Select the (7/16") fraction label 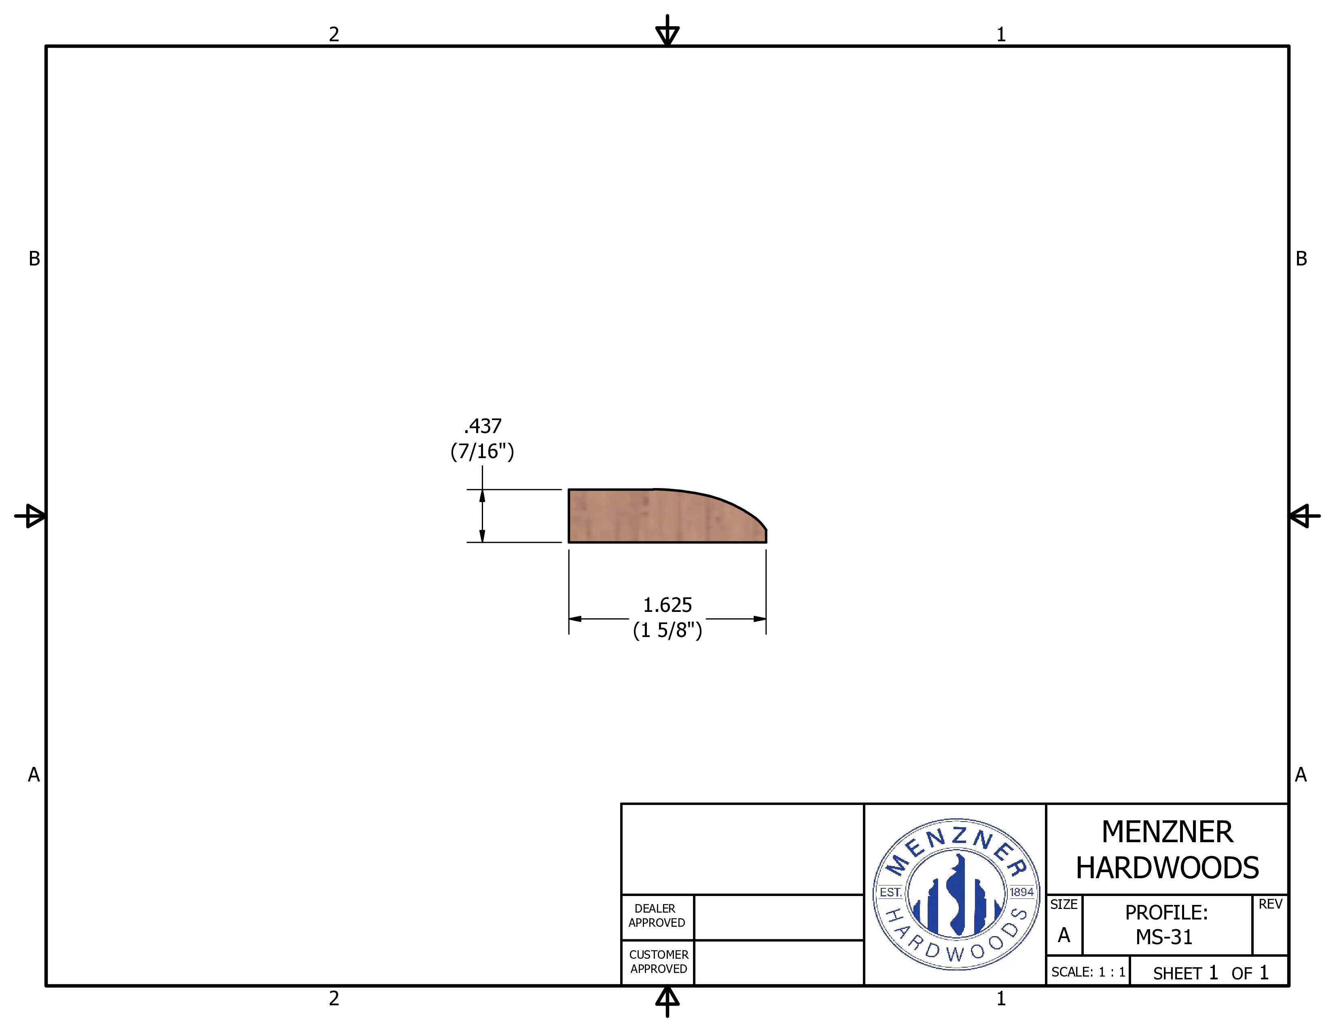[482, 451]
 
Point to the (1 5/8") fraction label [667, 630]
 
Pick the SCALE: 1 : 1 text [1088, 972]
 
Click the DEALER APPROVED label [657, 916]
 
